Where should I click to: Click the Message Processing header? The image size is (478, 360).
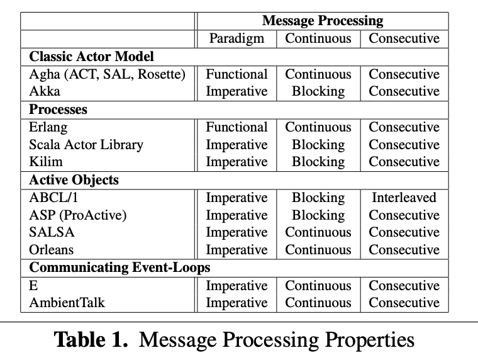[x=323, y=21]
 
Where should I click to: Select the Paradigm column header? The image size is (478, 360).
[x=236, y=39]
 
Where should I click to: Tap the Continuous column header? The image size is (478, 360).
[x=318, y=38]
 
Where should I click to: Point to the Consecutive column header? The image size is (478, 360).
[x=404, y=38]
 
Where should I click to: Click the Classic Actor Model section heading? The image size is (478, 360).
[x=91, y=57]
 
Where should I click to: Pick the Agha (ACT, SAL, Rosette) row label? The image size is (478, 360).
[x=108, y=74]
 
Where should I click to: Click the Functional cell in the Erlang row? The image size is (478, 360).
[x=236, y=127]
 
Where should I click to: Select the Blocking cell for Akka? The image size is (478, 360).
[x=318, y=91]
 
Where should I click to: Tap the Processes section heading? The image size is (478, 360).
[x=58, y=110]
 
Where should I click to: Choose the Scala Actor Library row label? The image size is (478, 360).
[x=86, y=145]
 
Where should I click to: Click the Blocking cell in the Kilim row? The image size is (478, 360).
[x=318, y=162]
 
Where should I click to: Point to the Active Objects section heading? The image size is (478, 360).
[x=74, y=180]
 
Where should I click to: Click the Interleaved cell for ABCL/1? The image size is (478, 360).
[x=404, y=198]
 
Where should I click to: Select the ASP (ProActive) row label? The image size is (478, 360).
[x=78, y=215]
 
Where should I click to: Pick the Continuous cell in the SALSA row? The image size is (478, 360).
[x=318, y=232]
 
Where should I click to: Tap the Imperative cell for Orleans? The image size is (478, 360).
[x=236, y=250]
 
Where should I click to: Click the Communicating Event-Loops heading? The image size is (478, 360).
[x=119, y=267]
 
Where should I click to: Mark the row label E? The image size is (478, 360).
[x=33, y=286]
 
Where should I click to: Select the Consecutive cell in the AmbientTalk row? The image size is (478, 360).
[x=404, y=303]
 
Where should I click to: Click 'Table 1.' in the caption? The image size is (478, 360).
[x=91, y=339]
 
